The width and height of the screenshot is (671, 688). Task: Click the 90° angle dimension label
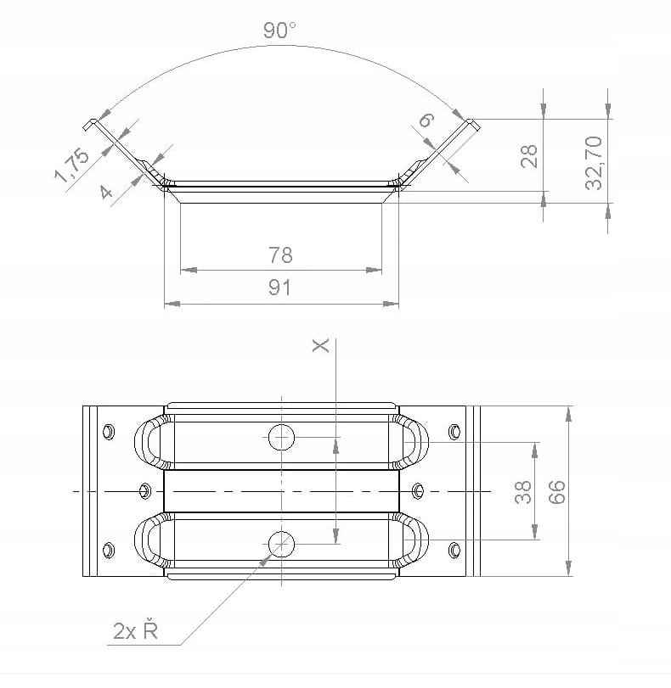click(279, 31)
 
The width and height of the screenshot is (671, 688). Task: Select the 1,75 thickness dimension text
click(71, 165)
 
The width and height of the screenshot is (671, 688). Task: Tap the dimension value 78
click(280, 255)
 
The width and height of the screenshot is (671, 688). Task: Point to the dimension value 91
click(279, 288)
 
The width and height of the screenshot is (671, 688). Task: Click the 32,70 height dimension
click(594, 163)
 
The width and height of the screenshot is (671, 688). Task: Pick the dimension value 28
click(528, 156)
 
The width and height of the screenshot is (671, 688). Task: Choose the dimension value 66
click(556, 492)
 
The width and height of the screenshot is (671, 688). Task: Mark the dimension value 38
click(523, 492)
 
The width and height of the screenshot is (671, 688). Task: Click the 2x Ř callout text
click(135, 629)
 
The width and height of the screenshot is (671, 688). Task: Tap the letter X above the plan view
click(320, 345)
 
